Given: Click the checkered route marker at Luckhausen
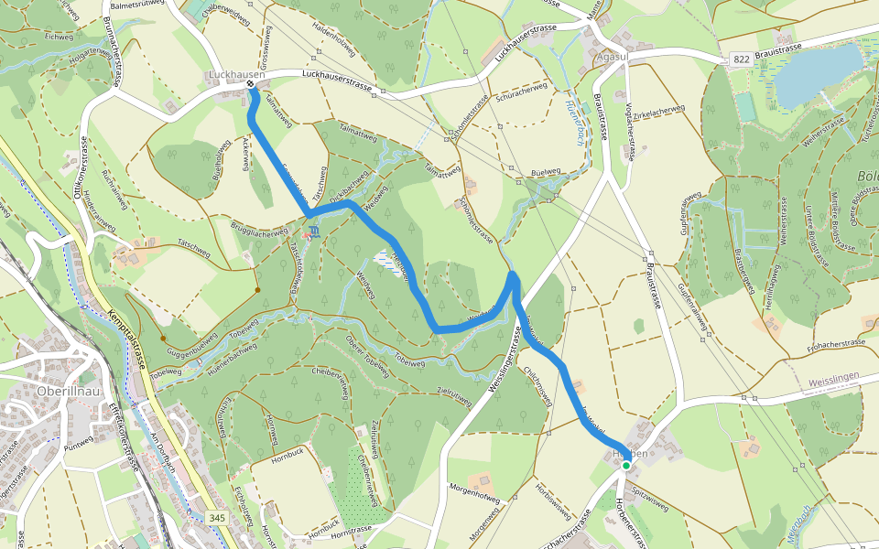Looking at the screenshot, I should click(250, 85).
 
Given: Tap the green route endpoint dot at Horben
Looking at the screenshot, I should click(626, 466).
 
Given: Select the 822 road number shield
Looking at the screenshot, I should click(743, 59).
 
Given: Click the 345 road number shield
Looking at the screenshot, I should click(217, 519).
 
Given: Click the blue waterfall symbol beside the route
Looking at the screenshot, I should click(315, 230).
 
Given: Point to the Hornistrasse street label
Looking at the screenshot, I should click(351, 529).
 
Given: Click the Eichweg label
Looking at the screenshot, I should click(57, 38).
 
